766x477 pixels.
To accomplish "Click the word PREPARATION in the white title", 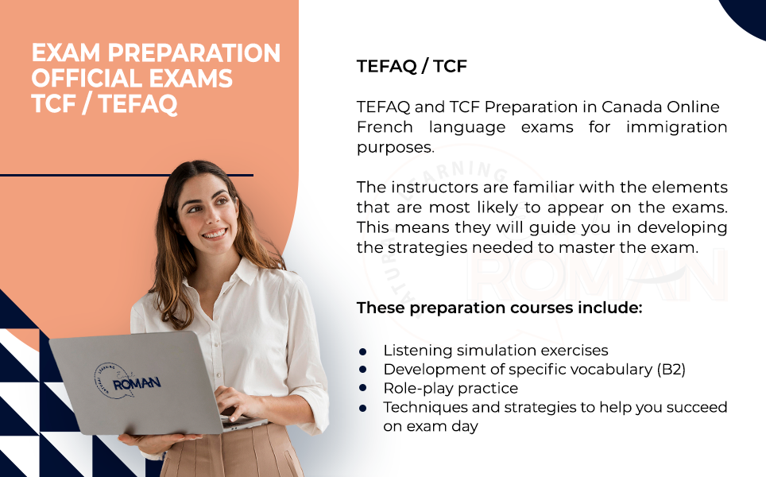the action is point(194,52).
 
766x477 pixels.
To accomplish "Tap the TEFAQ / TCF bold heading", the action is point(412,66).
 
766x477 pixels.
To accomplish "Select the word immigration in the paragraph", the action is point(676,127).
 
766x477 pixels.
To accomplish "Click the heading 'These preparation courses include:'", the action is point(499,308).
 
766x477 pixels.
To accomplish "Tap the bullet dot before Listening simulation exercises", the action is point(362,351).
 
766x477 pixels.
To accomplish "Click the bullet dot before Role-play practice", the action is point(362,389).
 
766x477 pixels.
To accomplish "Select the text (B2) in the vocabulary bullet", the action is point(671,370).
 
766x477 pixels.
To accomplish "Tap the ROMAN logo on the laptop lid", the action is point(127,382).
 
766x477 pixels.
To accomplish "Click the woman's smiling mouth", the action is point(215,234).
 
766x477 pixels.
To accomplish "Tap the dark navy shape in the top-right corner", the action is point(745,14).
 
